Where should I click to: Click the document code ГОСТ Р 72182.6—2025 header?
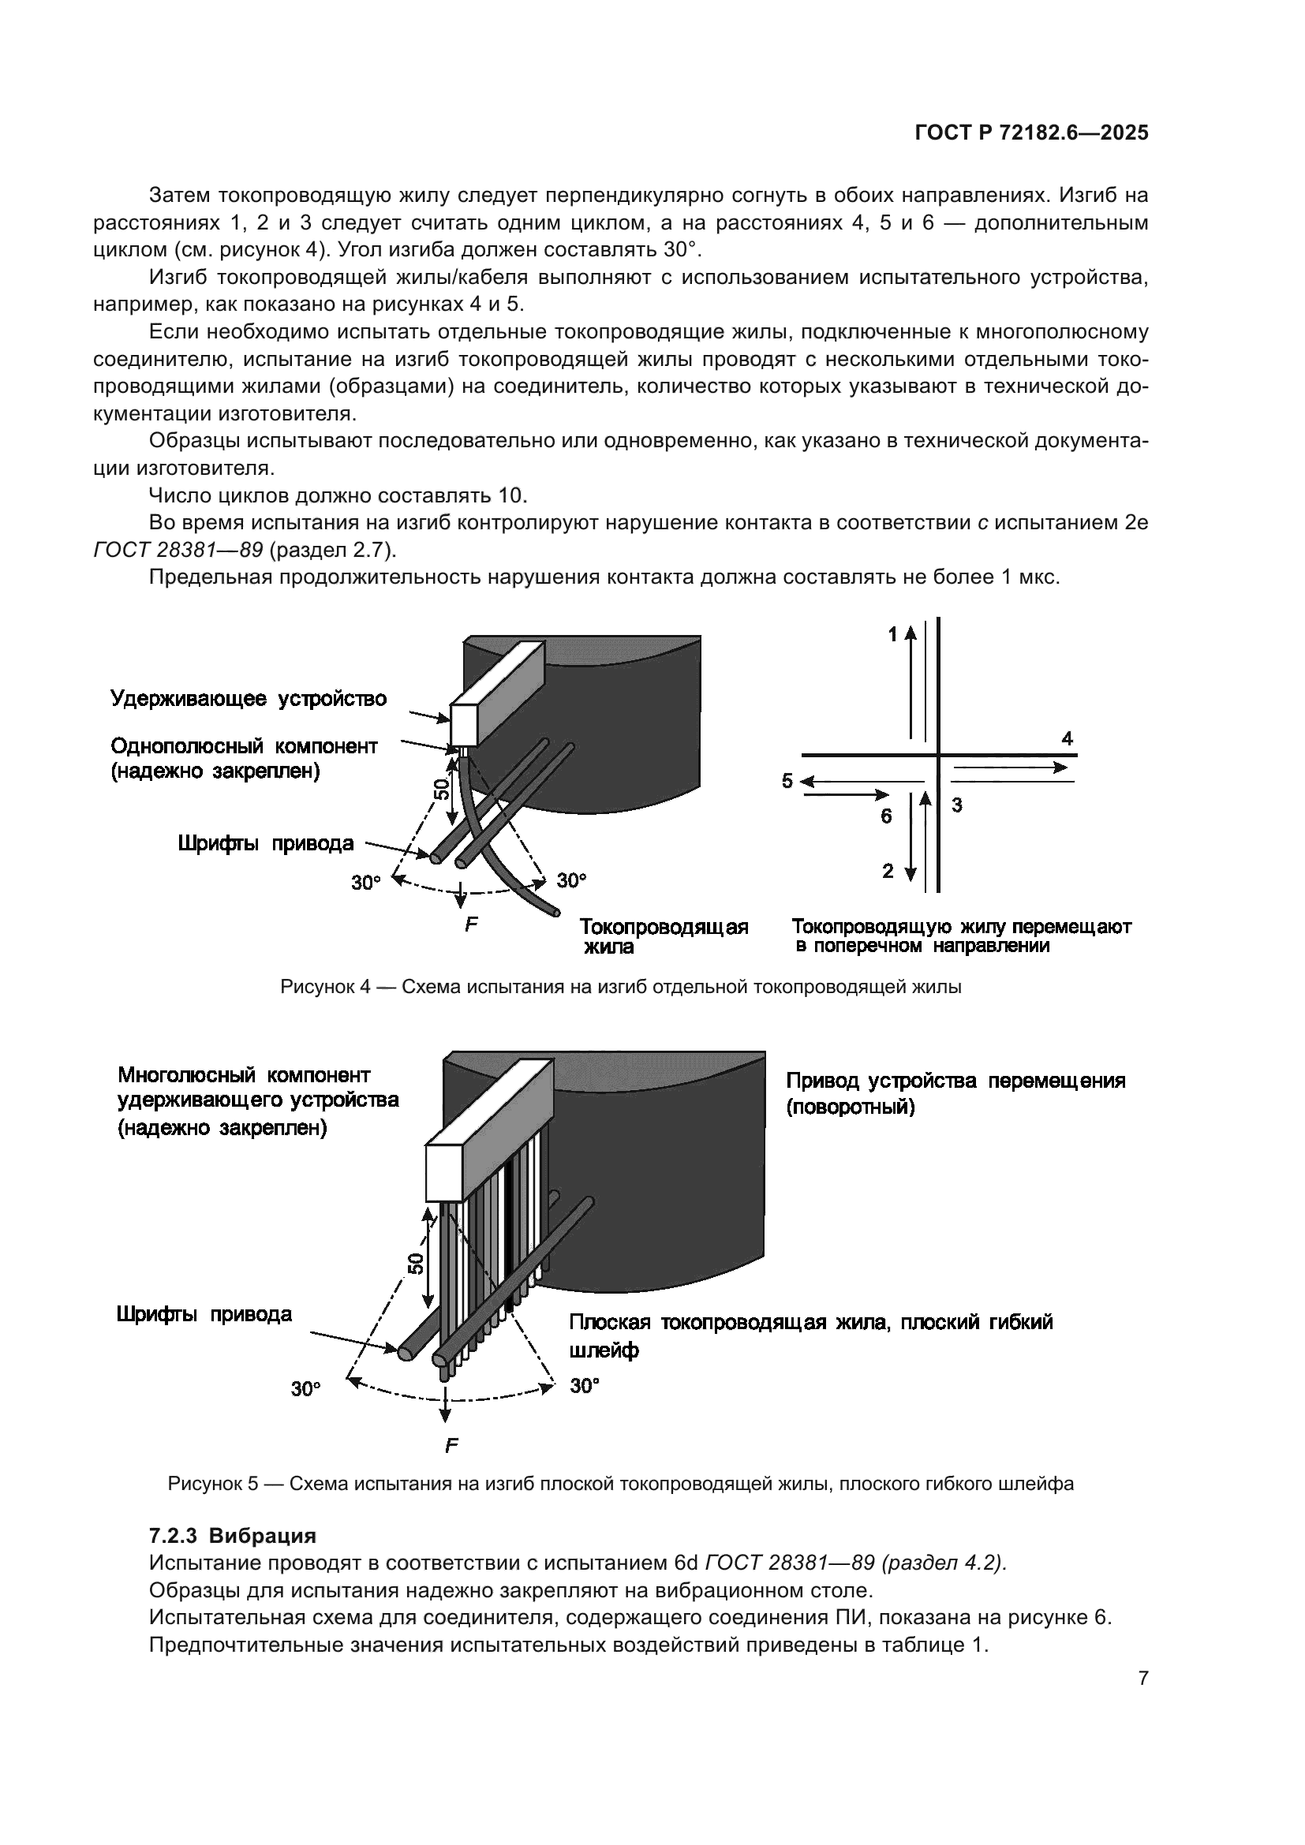point(1031,133)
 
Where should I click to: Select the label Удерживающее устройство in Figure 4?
point(249,698)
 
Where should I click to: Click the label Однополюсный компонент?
point(244,745)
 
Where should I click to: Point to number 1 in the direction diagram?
point(892,635)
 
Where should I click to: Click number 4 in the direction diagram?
point(1068,738)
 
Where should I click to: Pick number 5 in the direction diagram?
point(787,780)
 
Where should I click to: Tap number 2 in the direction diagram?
point(887,871)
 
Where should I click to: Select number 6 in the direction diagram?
point(885,816)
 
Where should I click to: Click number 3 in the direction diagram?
point(957,805)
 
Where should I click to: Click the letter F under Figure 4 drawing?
point(472,924)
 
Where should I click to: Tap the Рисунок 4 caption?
point(620,987)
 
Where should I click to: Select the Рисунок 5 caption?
point(620,1484)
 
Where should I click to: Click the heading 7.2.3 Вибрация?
point(232,1536)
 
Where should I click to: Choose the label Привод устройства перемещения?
point(955,1081)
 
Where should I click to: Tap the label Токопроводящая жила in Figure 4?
point(664,936)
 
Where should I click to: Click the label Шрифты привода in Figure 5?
point(204,1314)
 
